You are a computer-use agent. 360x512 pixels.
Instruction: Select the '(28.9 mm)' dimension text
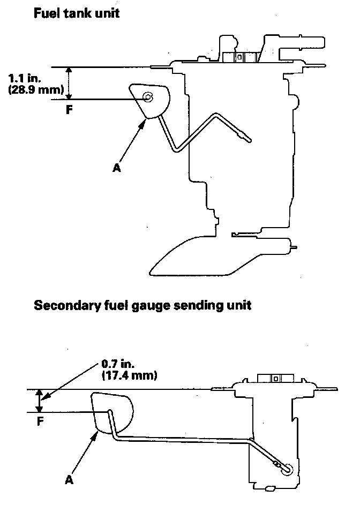tap(36, 89)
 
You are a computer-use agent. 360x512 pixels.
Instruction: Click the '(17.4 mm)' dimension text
tap(129, 375)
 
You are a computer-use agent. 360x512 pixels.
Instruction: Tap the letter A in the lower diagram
tap(69, 480)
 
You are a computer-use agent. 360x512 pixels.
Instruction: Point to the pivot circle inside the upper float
tap(148, 96)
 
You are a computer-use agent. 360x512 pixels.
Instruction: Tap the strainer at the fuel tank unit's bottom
tap(214, 258)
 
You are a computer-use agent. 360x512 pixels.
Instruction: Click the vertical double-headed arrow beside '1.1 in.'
tap(69, 83)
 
